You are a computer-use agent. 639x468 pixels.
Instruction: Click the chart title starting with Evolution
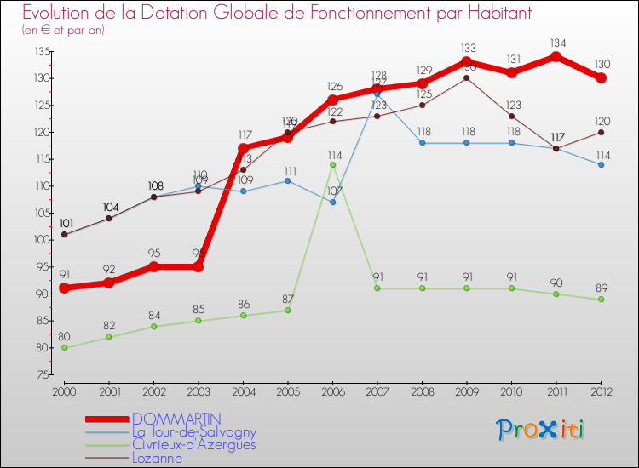point(265,13)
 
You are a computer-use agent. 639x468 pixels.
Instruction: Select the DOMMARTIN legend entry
point(176,419)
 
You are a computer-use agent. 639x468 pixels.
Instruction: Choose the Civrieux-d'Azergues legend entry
point(193,445)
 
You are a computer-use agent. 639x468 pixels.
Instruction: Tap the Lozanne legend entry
point(157,458)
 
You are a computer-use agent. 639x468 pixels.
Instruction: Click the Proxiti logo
point(540,430)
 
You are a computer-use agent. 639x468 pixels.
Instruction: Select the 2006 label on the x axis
point(332,391)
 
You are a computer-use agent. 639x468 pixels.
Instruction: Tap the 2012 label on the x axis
point(601,391)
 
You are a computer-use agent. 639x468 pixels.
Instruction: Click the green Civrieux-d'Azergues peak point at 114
point(332,164)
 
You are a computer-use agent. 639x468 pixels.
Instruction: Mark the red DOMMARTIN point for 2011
point(556,56)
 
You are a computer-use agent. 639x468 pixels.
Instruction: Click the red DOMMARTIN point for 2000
point(64,288)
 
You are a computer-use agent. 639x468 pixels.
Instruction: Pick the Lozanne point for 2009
point(467,78)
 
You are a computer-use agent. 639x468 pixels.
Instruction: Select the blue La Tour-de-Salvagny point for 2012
point(601,164)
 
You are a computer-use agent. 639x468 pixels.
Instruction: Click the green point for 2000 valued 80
point(64,347)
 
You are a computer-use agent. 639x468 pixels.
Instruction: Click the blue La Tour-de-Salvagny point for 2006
point(332,202)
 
